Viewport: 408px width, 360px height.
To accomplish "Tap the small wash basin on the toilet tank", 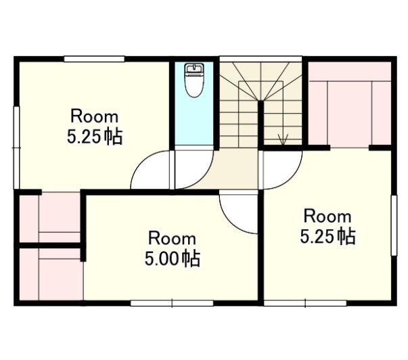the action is [194, 68].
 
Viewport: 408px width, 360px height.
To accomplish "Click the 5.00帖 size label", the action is [173, 258].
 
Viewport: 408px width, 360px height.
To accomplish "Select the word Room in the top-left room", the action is [95, 116].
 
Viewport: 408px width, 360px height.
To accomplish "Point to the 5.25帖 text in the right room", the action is [327, 236].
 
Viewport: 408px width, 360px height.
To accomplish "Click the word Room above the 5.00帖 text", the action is [172, 238].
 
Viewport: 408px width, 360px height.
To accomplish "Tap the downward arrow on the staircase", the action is [283, 139].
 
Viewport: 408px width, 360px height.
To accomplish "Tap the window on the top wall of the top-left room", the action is [94, 59].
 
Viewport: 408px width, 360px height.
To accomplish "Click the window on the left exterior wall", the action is [17, 148].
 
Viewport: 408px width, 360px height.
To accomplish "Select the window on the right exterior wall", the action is [394, 225].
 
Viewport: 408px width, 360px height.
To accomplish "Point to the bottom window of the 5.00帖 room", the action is [172, 303].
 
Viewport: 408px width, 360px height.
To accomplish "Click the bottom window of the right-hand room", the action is [305, 303].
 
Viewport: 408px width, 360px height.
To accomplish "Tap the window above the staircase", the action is [260, 59].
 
